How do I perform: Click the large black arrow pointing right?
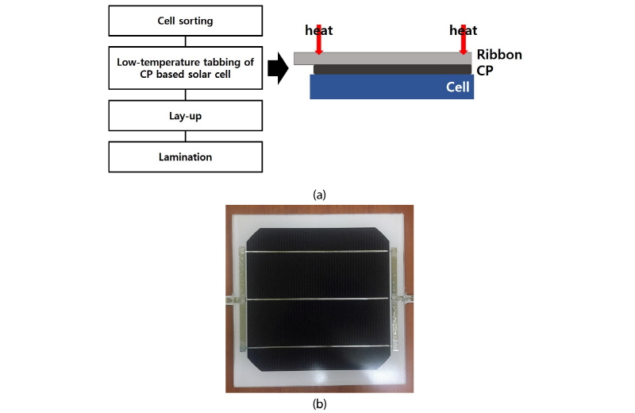pyautogui.click(x=276, y=68)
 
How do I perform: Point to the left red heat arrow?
pyautogui.click(x=318, y=44)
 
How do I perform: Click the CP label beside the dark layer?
pyautogui.click(x=485, y=71)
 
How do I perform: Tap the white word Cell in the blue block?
pyautogui.click(x=458, y=87)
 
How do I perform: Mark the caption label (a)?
pyautogui.click(x=319, y=194)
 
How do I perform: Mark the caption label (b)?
pyautogui.click(x=319, y=404)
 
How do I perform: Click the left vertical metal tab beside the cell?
pyautogui.click(x=239, y=299)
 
